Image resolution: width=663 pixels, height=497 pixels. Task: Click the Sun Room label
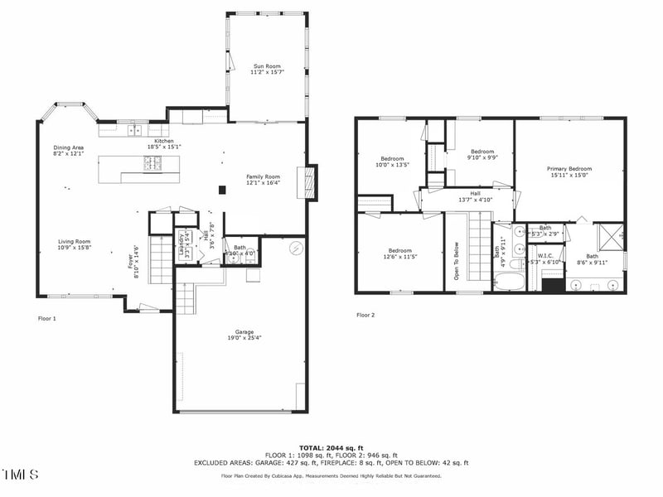pyautogui.click(x=265, y=68)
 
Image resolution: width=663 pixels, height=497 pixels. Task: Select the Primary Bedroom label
pyautogui.click(x=569, y=171)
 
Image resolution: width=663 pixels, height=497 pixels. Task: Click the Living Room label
pyautogui.click(x=74, y=244)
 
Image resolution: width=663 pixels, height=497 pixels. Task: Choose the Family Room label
pyautogui.click(x=264, y=180)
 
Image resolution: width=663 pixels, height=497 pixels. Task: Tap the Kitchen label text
pyautogui.click(x=163, y=143)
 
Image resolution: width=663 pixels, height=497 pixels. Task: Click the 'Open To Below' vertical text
pyautogui.click(x=456, y=261)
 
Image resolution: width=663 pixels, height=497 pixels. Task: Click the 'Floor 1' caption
pyautogui.click(x=47, y=318)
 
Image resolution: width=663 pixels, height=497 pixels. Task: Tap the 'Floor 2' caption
pyautogui.click(x=365, y=315)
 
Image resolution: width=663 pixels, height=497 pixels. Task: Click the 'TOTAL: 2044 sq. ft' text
pyautogui.click(x=331, y=447)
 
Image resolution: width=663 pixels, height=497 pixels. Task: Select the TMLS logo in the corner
pyautogui.click(x=21, y=475)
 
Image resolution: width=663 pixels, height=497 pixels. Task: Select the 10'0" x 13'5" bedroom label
pyautogui.click(x=392, y=162)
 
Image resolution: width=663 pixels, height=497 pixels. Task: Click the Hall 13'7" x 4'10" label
pyautogui.click(x=469, y=197)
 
